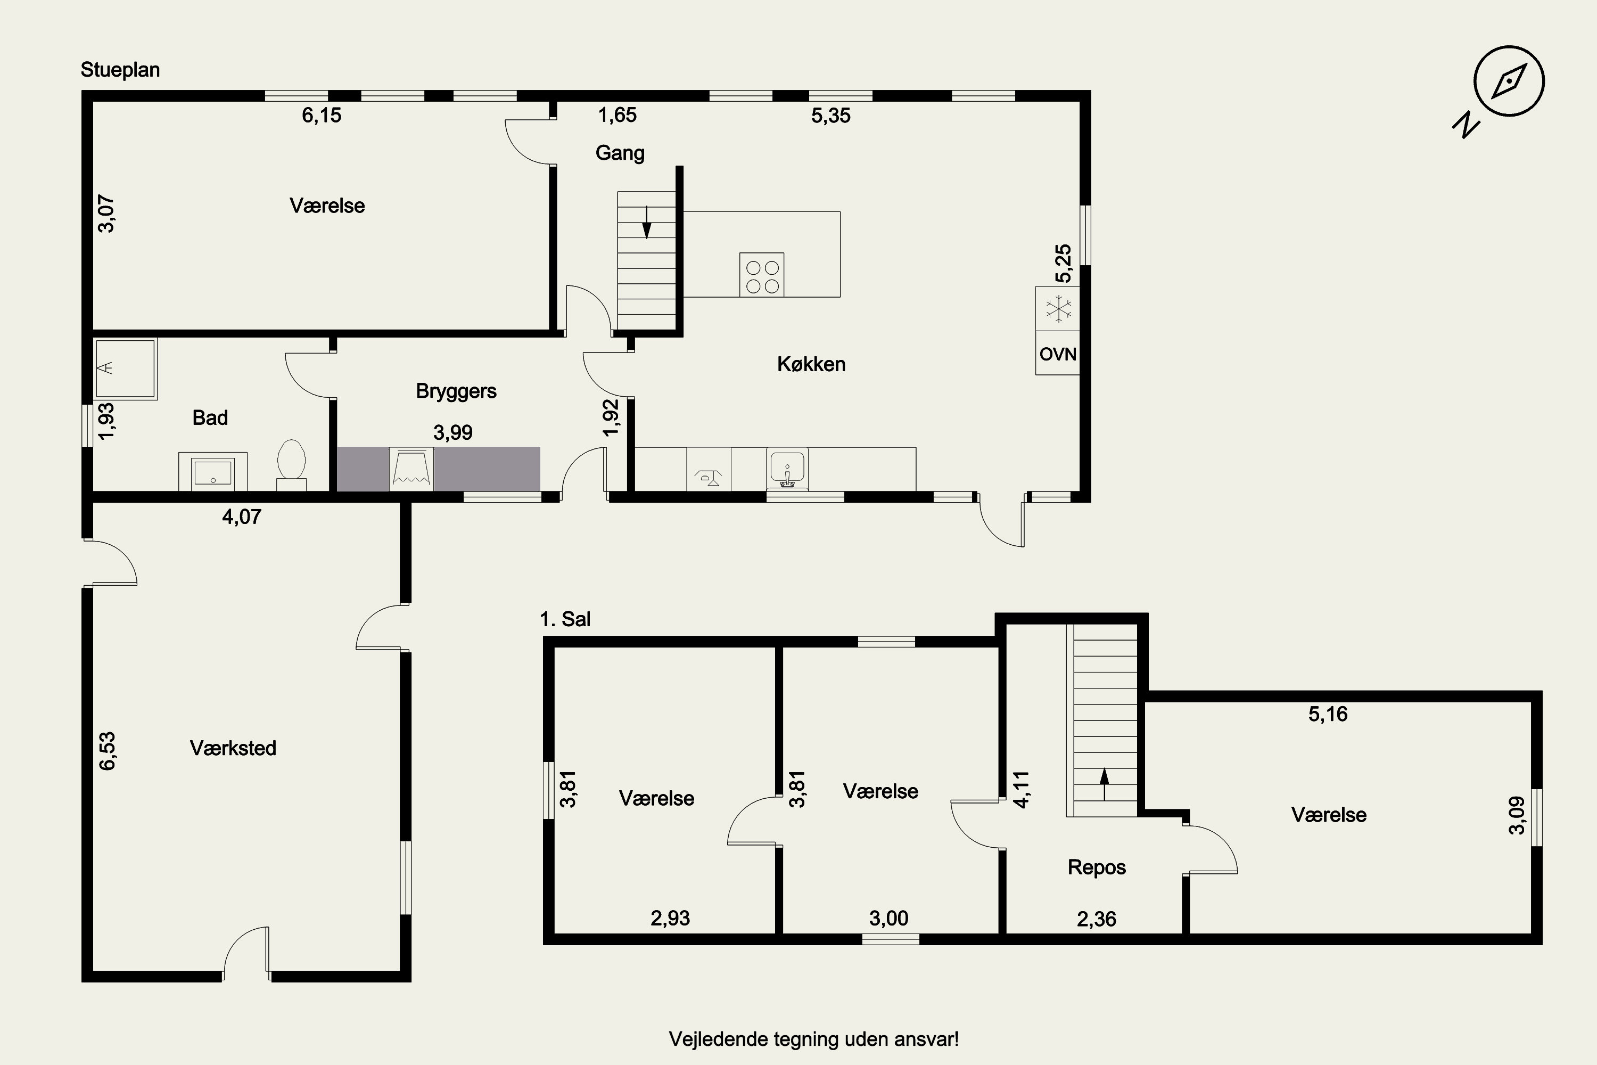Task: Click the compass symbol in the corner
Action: pos(1509,81)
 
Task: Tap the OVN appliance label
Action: pos(1057,354)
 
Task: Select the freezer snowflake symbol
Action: pos(1058,309)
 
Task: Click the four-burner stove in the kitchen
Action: pos(762,275)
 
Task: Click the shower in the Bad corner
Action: pos(126,369)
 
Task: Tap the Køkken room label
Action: pos(811,364)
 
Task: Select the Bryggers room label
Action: pos(456,391)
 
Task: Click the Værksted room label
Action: pos(233,748)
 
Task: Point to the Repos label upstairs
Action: pos(1097,867)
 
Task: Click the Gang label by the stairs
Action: pos(620,153)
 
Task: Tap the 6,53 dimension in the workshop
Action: pos(108,750)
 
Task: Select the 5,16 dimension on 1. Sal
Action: pos(1328,714)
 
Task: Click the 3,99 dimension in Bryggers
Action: pos(453,432)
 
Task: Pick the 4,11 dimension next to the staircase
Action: pos(1021,789)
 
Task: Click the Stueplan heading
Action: pos(120,70)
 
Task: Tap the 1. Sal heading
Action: pos(565,619)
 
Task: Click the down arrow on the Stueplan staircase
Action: pos(646,222)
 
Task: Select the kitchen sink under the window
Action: pos(787,469)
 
